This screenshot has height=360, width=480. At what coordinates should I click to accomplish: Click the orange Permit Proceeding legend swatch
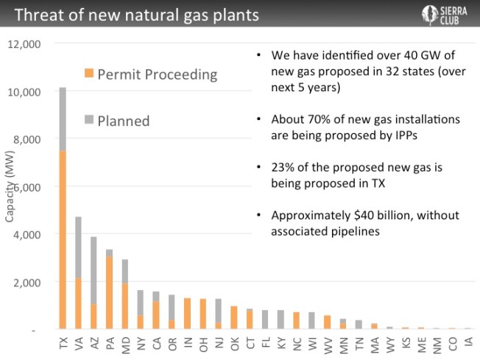click(88, 74)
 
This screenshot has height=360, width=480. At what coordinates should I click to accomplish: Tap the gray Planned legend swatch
click(88, 119)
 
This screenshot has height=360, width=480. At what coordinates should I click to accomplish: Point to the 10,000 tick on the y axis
click(27, 91)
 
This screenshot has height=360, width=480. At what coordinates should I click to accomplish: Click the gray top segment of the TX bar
click(63, 119)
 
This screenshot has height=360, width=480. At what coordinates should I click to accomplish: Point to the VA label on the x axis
click(78, 342)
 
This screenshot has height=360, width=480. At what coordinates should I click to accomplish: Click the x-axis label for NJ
click(219, 342)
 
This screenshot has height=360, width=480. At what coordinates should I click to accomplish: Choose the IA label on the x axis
click(468, 342)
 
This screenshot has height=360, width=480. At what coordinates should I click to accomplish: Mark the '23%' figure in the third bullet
click(283, 167)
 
